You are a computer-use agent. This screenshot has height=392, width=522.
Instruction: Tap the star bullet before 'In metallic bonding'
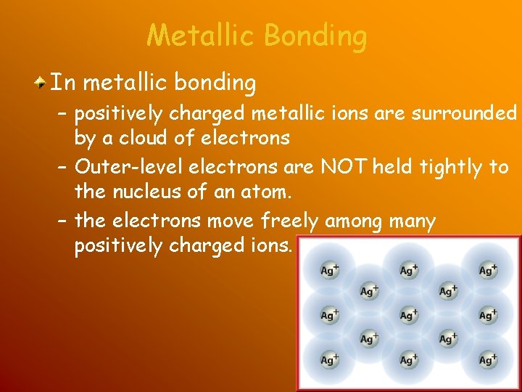(x=43, y=83)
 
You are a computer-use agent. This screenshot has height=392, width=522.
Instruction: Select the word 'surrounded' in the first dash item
(x=464, y=113)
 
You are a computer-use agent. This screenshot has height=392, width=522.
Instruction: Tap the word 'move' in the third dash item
(x=229, y=221)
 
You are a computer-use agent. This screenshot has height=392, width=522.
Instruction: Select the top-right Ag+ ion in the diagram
(x=488, y=270)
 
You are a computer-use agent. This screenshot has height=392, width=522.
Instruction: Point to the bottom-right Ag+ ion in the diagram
(x=488, y=359)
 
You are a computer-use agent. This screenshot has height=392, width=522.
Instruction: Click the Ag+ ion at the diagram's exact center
(x=409, y=315)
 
